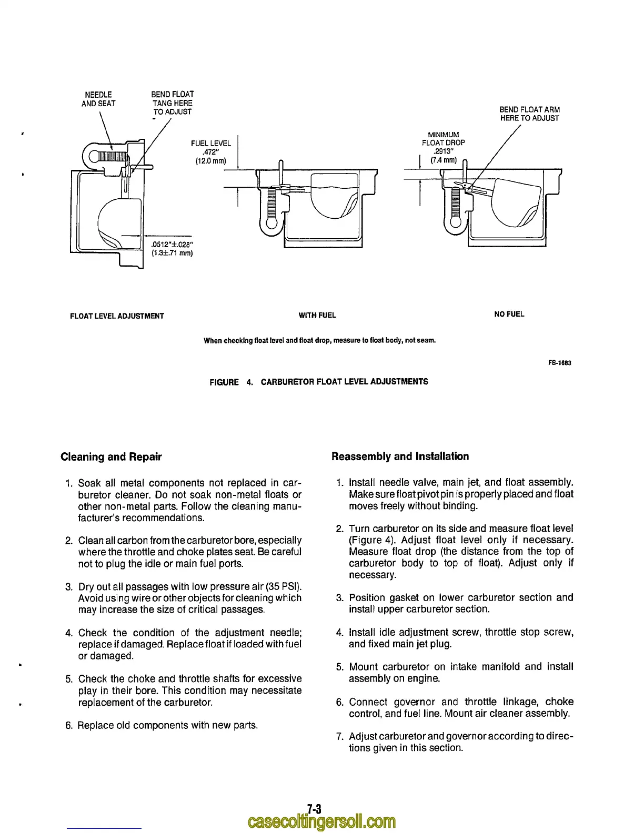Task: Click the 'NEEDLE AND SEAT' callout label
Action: point(98,99)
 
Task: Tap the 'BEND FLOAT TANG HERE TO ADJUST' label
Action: point(173,103)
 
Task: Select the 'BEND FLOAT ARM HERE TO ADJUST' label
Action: point(529,114)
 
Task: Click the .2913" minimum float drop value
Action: point(443,151)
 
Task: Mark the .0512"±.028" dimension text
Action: point(172,244)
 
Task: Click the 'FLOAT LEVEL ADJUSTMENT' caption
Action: point(117,316)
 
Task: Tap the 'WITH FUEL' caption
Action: point(317,316)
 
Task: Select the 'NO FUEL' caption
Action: point(509,314)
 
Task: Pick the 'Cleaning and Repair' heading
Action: point(111,456)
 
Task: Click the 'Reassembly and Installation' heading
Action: point(400,456)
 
